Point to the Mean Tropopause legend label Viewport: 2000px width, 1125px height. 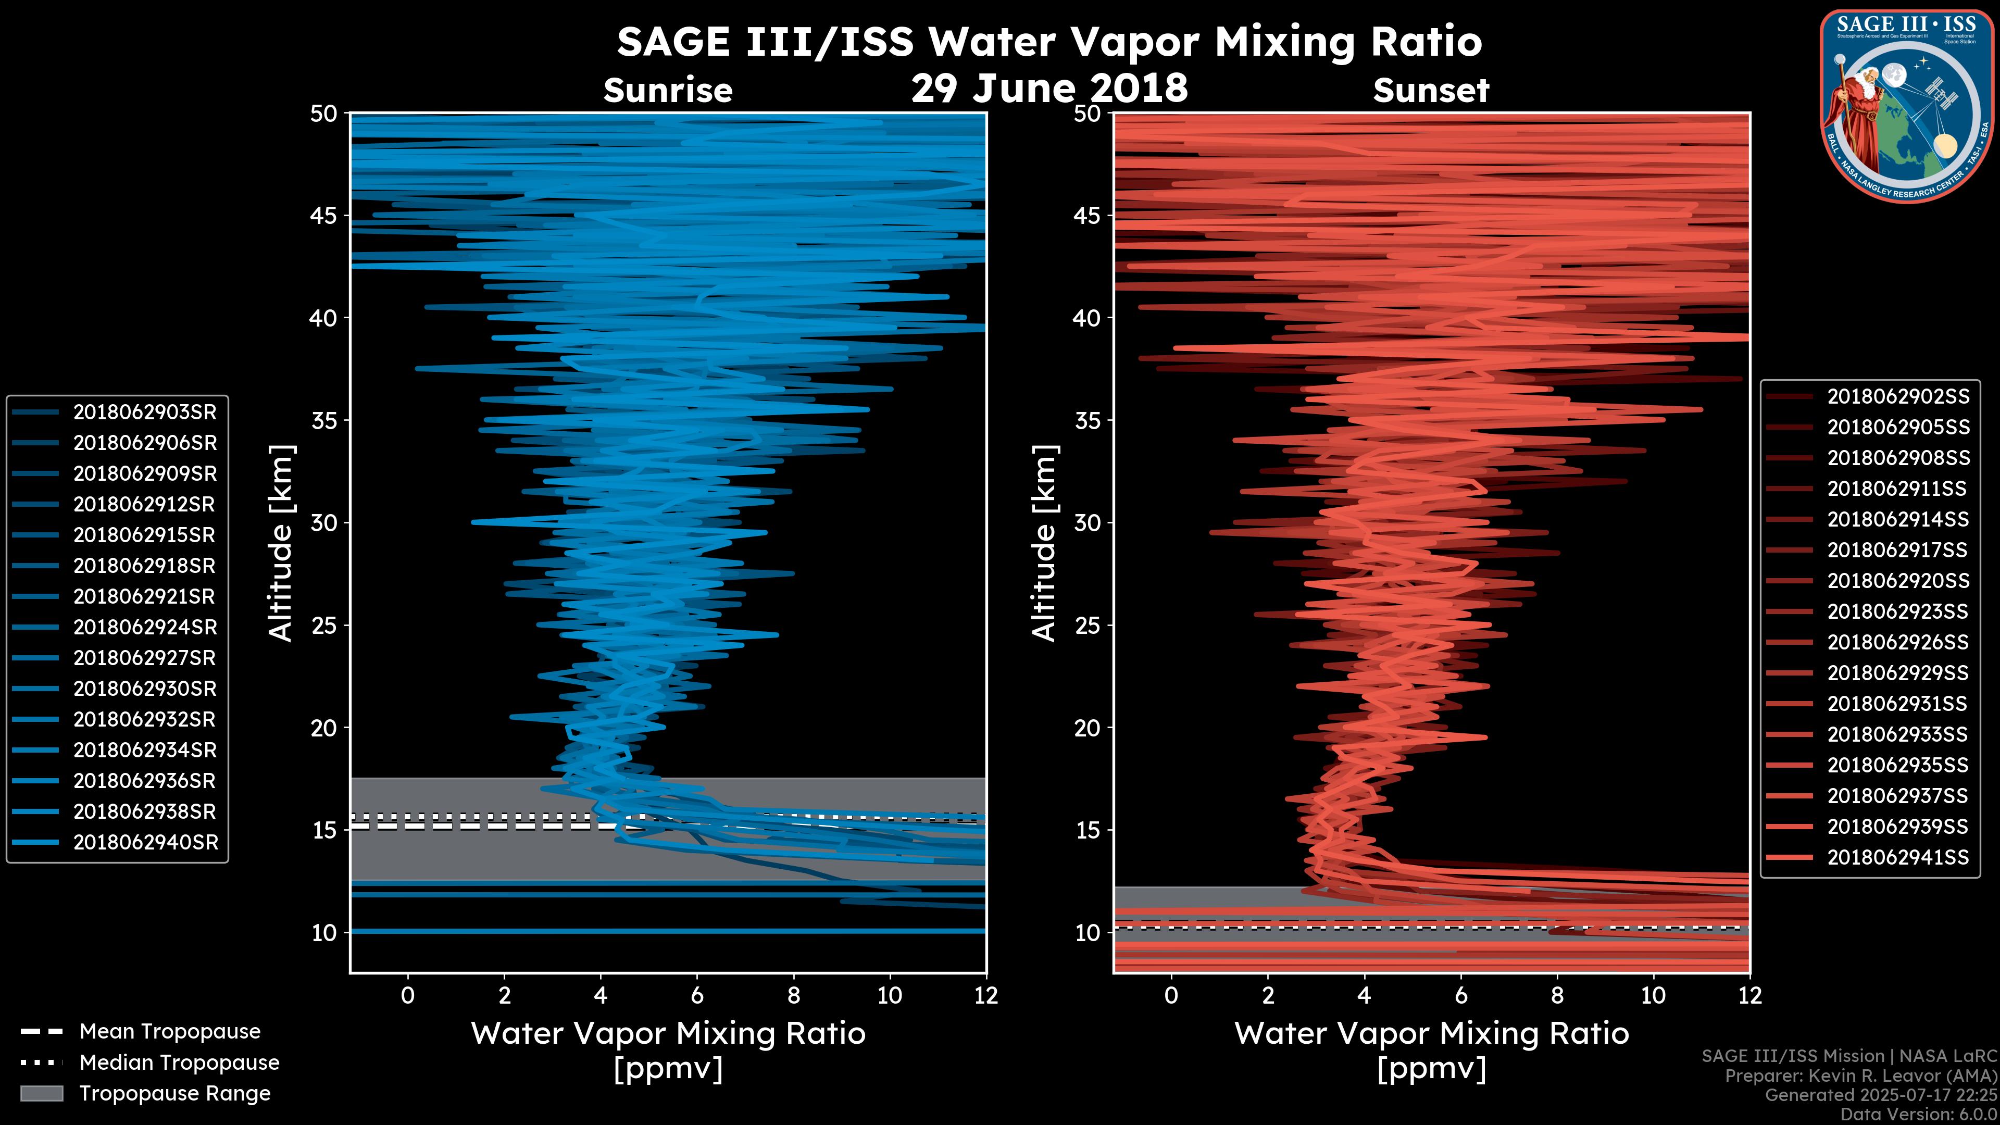(x=170, y=1031)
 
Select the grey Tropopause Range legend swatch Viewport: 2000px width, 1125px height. (x=41, y=1093)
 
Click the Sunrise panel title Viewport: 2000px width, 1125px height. (x=668, y=91)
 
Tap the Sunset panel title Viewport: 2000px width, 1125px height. (x=1431, y=91)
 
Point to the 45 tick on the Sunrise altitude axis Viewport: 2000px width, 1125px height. (x=324, y=215)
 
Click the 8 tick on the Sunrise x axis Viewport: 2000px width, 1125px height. (x=793, y=995)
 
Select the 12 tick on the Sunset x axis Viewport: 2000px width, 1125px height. (x=1749, y=995)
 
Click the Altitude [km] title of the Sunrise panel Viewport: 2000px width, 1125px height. (x=280, y=543)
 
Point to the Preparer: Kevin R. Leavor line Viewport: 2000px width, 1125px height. (x=1860, y=1076)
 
